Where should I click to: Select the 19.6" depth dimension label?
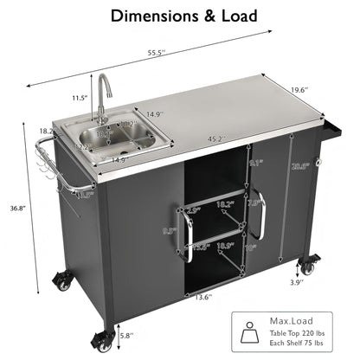pyautogui.click(x=299, y=89)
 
